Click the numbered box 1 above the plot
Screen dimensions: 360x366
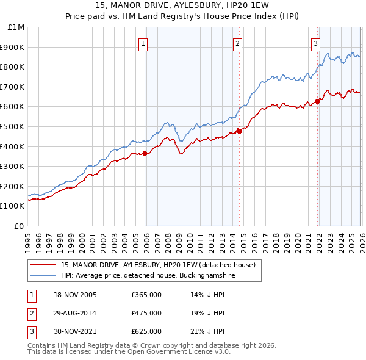(143, 43)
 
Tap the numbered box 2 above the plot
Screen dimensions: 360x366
(237, 43)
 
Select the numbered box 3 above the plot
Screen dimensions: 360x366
(315, 43)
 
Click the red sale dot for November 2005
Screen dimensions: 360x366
(145, 154)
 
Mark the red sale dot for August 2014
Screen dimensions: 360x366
(239, 131)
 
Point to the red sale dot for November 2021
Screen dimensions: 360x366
(318, 101)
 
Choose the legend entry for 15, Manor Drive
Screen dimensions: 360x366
(161, 265)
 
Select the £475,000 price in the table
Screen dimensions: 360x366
(146, 313)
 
